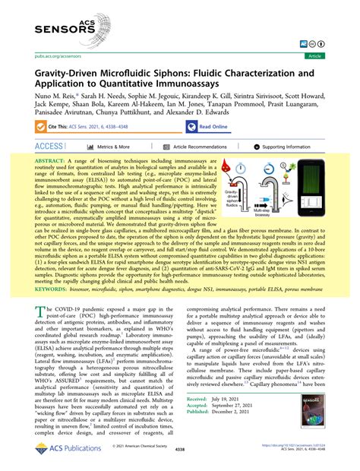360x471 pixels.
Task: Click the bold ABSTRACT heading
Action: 53,163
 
